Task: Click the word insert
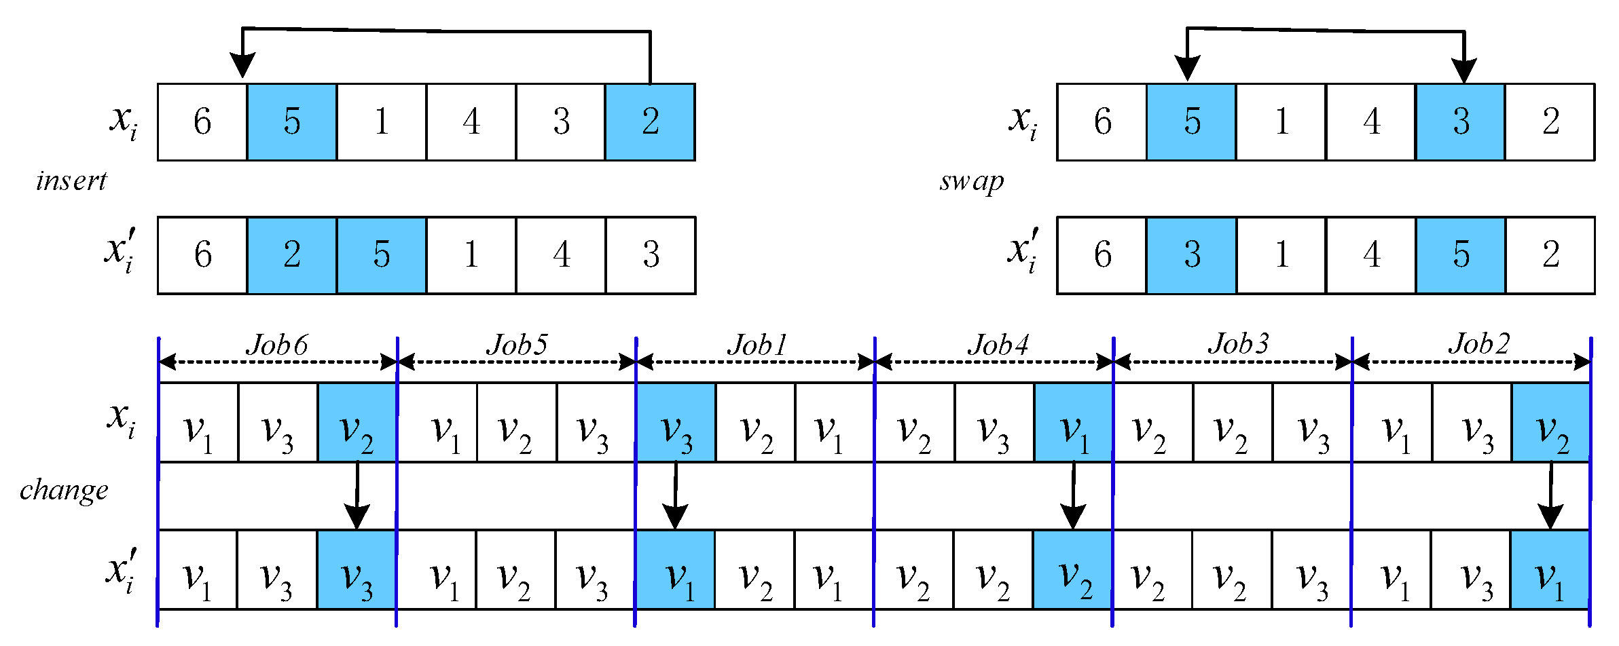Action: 71,180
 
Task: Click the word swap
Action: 971,181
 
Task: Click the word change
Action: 64,489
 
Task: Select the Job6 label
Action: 277,345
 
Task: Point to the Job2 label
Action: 1479,344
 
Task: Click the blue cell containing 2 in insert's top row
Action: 650,122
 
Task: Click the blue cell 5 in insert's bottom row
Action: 381,255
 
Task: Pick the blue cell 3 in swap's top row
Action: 1460,122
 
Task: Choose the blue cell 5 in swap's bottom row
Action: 1460,255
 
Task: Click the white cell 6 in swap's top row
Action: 1102,122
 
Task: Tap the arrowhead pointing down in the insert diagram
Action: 242,65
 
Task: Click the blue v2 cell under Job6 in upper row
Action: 357,423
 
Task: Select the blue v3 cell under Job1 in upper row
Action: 676,423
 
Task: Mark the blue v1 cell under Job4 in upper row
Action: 1074,423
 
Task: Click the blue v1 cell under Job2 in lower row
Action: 1550,570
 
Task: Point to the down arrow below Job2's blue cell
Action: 1550,502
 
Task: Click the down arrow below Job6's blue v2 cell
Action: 357,502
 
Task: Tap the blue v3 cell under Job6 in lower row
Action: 357,570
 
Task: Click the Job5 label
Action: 517,345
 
